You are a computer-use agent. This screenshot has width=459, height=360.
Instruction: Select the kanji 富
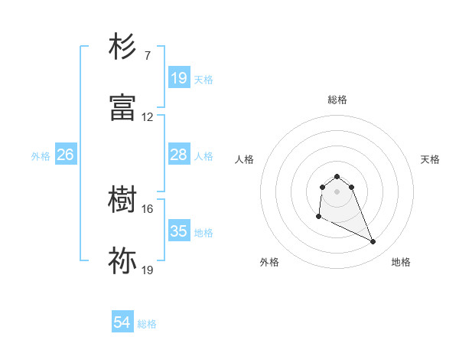click(x=123, y=108)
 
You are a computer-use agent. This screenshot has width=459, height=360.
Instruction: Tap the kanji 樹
click(x=123, y=200)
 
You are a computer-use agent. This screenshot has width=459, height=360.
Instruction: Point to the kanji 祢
click(x=123, y=261)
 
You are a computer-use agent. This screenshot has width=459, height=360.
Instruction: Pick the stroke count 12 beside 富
click(x=148, y=117)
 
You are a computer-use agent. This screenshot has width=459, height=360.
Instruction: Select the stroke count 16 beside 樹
click(x=148, y=208)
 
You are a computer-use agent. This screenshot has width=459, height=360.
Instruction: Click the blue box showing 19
click(x=178, y=78)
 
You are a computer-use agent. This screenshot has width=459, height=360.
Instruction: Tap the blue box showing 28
click(x=178, y=155)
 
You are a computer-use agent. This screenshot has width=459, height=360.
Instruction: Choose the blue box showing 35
click(x=178, y=231)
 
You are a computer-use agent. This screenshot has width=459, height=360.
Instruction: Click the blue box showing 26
click(x=65, y=155)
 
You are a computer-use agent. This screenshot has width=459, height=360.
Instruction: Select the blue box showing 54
click(x=122, y=322)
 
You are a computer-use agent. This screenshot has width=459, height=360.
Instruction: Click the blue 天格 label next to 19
click(x=203, y=79)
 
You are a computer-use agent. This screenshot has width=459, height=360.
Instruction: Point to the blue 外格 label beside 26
click(x=41, y=155)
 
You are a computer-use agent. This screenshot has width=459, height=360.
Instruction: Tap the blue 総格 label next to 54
click(x=147, y=324)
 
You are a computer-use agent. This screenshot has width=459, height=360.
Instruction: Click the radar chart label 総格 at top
click(x=337, y=100)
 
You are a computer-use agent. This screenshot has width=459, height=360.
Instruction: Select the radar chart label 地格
click(x=401, y=262)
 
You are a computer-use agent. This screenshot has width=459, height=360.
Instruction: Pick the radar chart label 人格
click(x=244, y=159)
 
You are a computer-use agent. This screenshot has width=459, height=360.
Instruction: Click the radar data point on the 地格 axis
click(x=373, y=242)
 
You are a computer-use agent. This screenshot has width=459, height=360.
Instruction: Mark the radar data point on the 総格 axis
click(x=337, y=176)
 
